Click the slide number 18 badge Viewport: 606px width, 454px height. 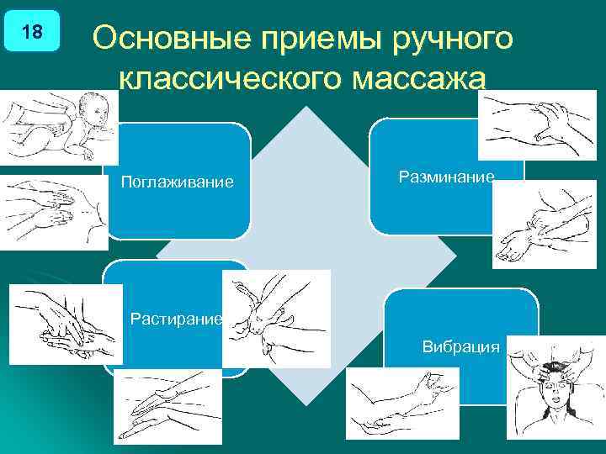(32, 33)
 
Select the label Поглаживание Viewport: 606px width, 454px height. (177, 182)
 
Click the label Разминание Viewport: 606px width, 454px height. (446, 176)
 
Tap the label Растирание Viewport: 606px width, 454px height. (176, 319)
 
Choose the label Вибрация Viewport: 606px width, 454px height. (461, 346)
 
